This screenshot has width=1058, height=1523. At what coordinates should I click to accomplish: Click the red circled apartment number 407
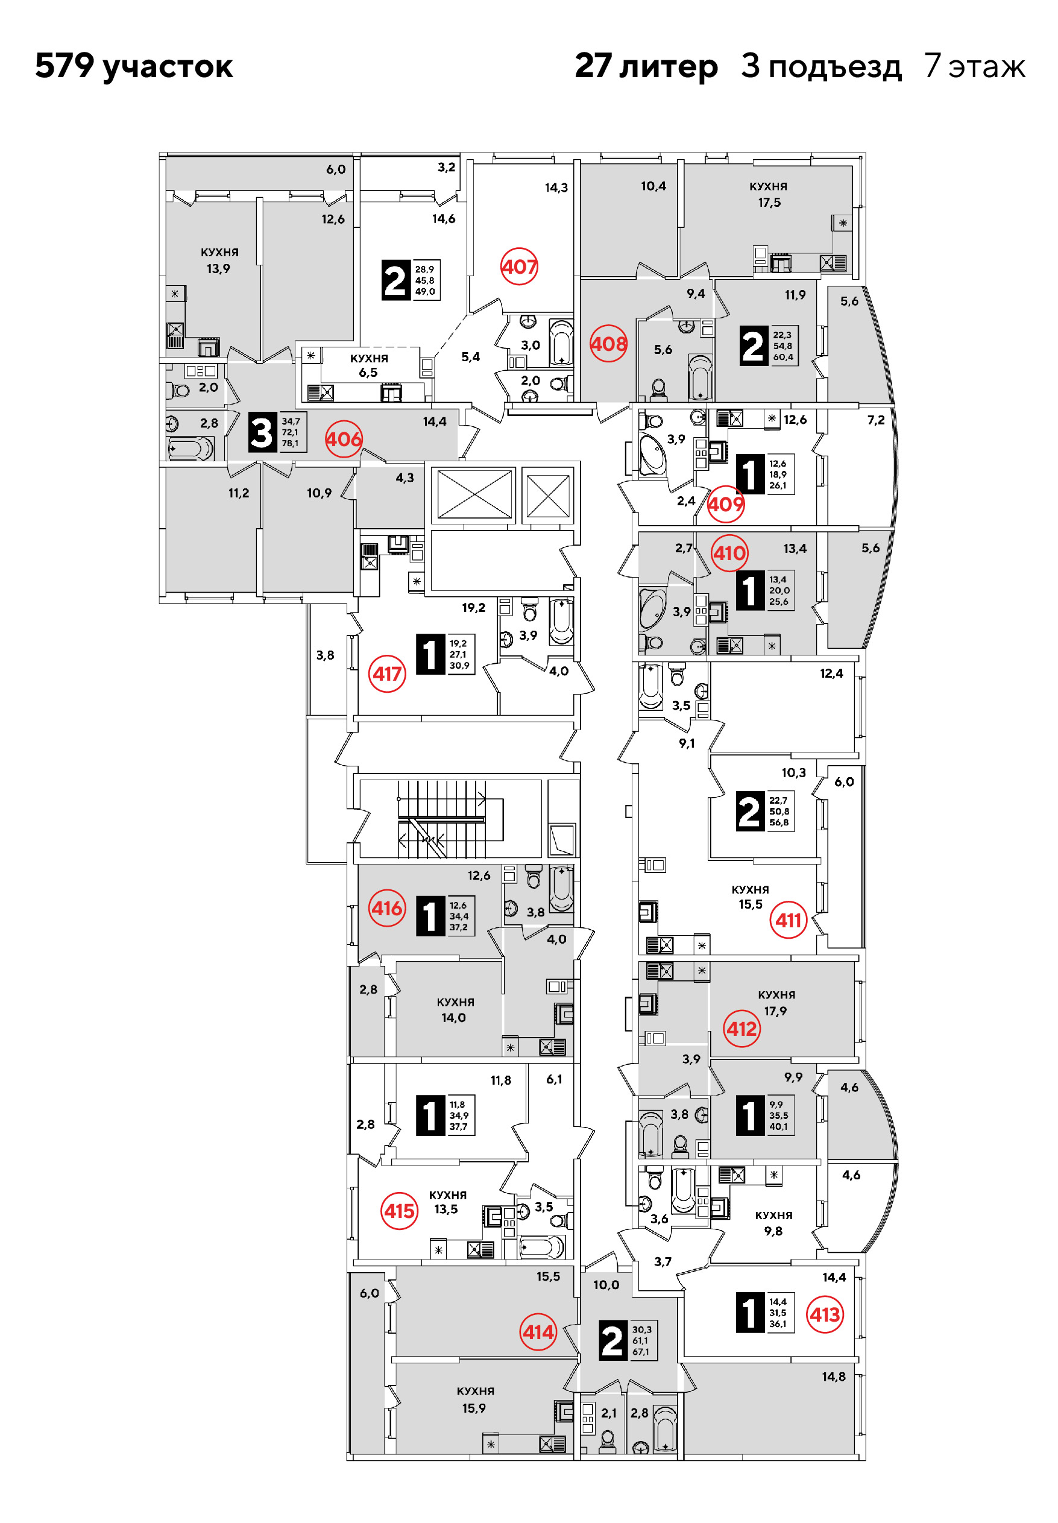[519, 266]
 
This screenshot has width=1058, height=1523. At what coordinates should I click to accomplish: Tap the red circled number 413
[825, 1314]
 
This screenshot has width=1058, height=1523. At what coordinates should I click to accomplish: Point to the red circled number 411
[788, 920]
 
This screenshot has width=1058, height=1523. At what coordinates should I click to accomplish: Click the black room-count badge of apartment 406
[262, 432]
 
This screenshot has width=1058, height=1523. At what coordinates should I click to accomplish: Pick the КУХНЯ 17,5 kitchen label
[769, 194]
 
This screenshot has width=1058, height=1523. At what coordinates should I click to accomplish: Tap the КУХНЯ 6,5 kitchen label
[369, 365]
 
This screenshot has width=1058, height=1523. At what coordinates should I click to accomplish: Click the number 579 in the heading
[65, 66]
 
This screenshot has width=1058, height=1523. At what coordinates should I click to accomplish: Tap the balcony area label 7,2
[876, 420]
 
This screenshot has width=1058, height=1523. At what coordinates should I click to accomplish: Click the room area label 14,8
[834, 1376]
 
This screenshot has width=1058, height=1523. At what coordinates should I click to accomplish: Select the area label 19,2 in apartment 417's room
[473, 607]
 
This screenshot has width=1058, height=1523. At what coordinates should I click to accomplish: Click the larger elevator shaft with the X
[474, 494]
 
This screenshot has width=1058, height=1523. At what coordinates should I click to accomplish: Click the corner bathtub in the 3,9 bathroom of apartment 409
[653, 454]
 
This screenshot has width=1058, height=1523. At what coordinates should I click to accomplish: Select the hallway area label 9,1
[687, 743]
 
